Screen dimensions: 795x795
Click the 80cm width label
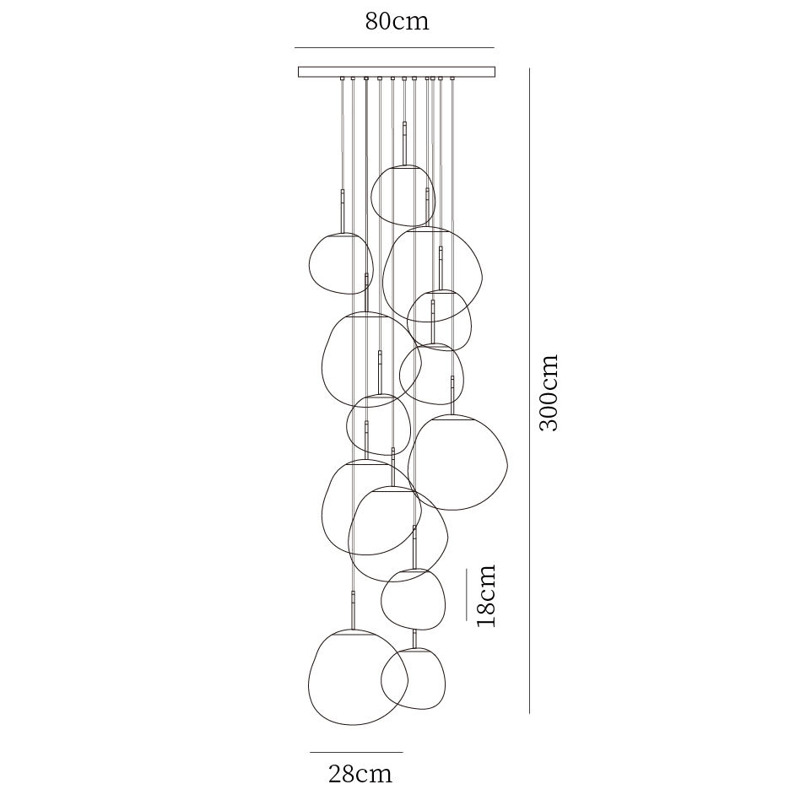point(397,21)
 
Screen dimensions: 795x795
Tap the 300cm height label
point(549,392)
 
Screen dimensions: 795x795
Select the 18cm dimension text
point(485,595)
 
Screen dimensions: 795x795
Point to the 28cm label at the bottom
point(360,773)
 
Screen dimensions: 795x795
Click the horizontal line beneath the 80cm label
point(394,47)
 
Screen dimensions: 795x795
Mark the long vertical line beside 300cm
point(529,392)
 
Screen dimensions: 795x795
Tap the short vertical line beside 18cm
point(467,594)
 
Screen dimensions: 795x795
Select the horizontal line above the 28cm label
point(356,752)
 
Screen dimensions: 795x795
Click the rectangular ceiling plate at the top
point(397,72)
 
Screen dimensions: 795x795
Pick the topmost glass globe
point(403,197)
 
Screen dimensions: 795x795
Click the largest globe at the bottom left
point(356,678)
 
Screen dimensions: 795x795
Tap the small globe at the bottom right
point(414,679)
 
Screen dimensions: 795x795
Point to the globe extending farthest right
point(458,462)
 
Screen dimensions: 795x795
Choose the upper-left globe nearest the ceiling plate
point(341,264)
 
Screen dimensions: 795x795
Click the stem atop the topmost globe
point(405,142)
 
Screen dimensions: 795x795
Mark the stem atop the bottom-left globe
point(353,609)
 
